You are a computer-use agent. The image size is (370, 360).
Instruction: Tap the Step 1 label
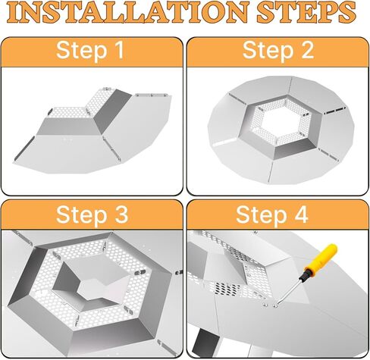[90, 51]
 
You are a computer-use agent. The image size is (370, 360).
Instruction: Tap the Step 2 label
[277, 51]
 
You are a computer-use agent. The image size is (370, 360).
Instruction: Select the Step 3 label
[90, 215]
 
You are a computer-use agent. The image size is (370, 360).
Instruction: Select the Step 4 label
[277, 215]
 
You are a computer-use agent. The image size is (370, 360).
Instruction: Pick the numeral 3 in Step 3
[121, 215]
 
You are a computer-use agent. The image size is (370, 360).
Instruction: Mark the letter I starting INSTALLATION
[23, 13]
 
